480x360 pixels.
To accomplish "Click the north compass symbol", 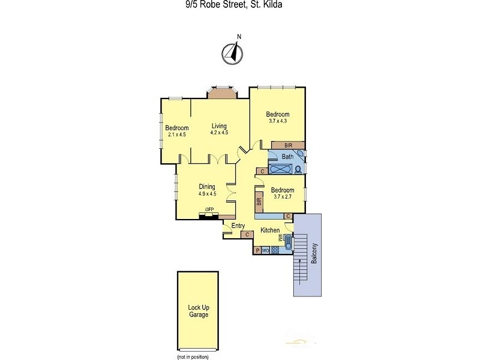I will click(x=232, y=54).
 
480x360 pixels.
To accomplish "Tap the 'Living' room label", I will click(x=219, y=126).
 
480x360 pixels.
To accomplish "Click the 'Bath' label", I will click(x=287, y=157).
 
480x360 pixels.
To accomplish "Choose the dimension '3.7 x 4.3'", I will click(x=278, y=121).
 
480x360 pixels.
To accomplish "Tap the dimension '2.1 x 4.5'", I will click(x=177, y=134).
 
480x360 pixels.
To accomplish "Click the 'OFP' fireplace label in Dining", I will click(x=209, y=209).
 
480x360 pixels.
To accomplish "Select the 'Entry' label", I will click(x=238, y=226).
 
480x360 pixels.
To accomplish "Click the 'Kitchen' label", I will click(x=270, y=230).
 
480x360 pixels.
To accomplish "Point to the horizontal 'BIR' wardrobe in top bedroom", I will click(x=288, y=145).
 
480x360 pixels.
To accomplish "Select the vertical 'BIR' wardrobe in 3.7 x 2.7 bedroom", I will click(x=259, y=203).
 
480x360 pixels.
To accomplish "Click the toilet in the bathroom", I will click(x=298, y=170).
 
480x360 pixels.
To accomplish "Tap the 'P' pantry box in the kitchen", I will click(x=257, y=251).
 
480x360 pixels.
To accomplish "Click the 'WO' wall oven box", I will click(x=265, y=251).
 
